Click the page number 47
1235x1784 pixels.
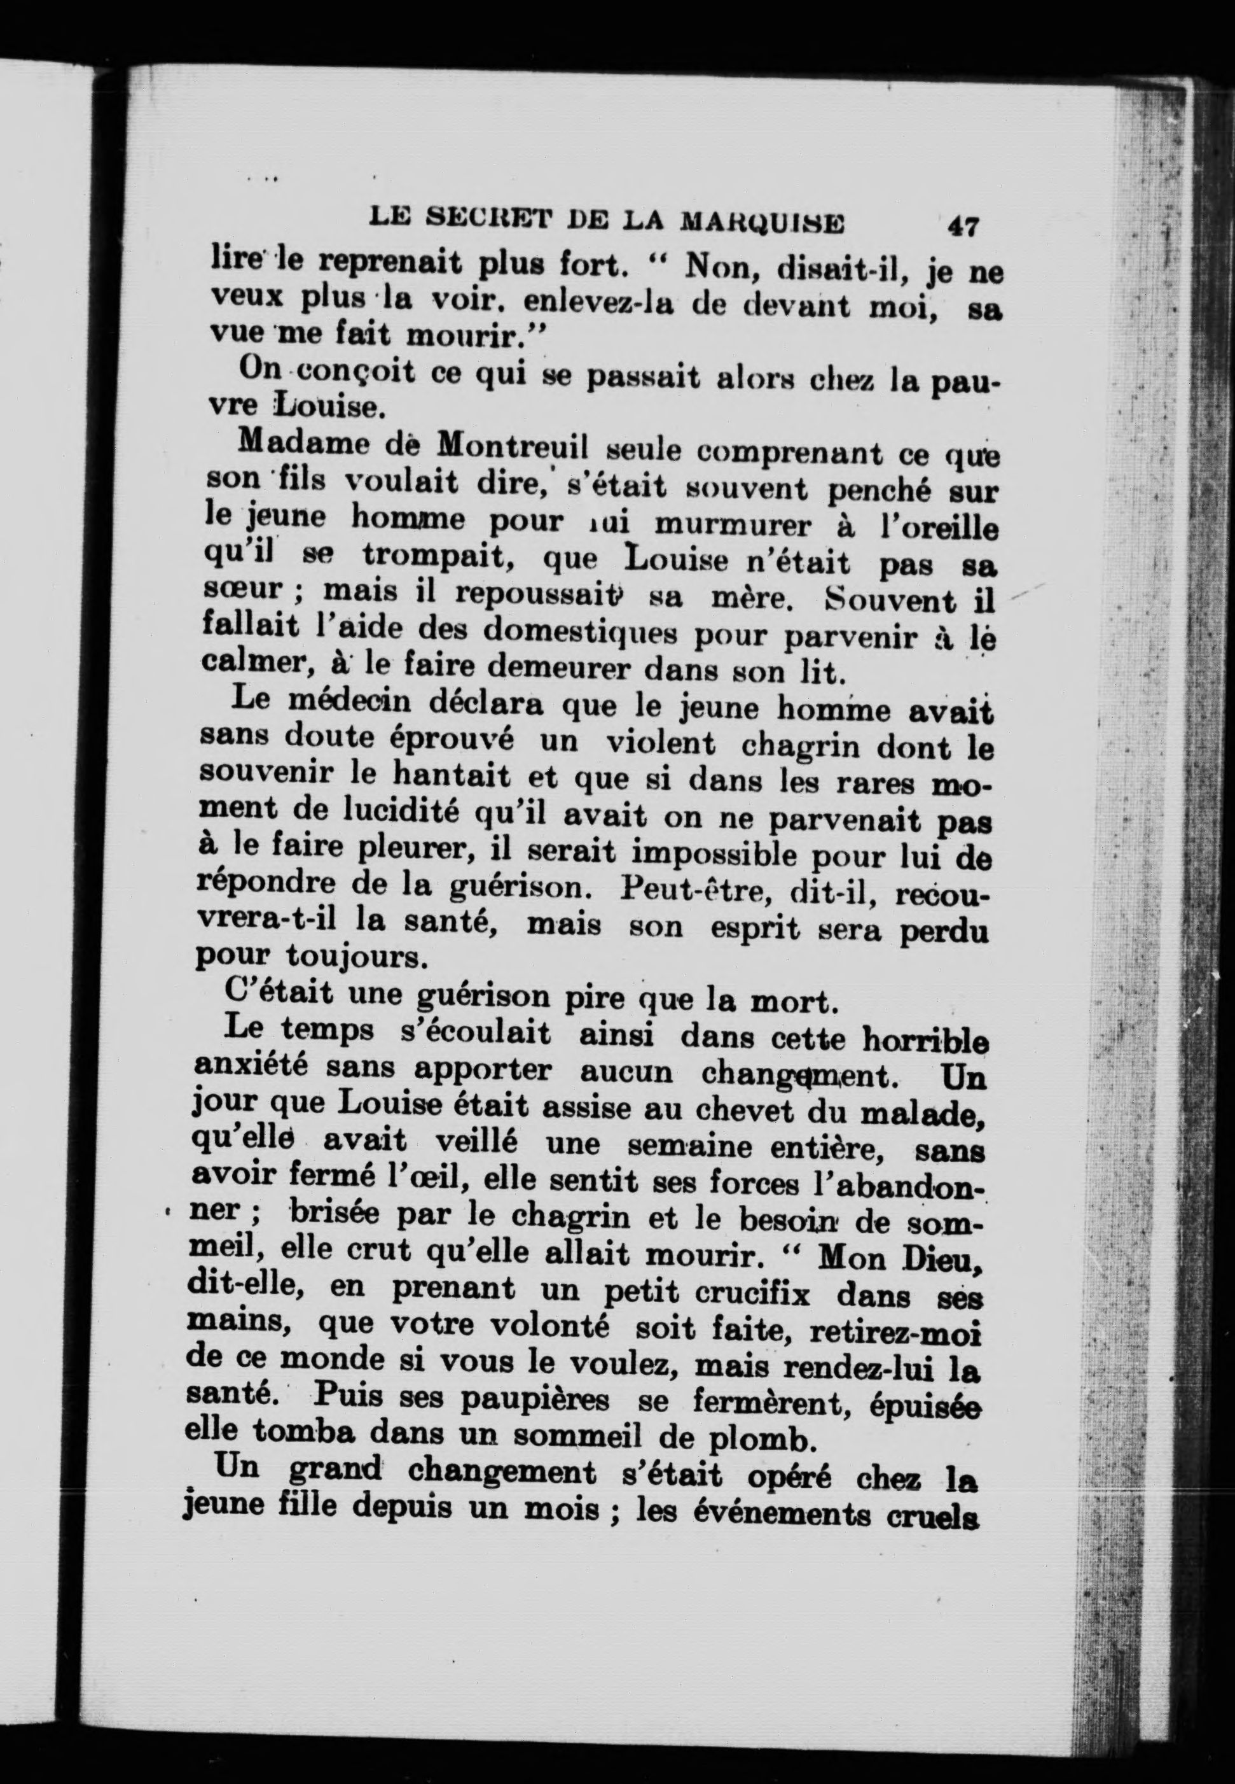pos(962,226)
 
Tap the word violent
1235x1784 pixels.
pos(660,744)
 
